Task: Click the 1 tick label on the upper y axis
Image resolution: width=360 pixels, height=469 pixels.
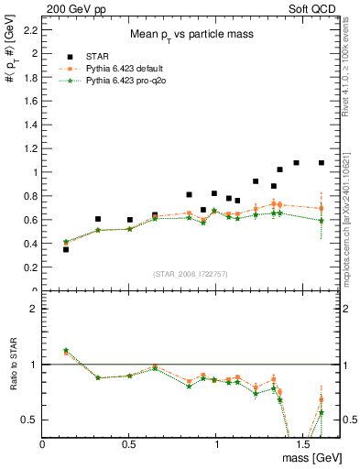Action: point(34,172)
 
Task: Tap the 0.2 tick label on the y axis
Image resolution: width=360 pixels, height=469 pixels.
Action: point(31,267)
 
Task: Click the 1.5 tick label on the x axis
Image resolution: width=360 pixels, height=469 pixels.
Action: point(302,443)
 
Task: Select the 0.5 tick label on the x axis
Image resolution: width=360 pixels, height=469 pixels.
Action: point(129,443)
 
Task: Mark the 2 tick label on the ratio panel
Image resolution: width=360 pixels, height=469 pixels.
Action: point(34,309)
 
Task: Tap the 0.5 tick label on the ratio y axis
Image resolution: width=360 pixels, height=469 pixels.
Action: point(30,420)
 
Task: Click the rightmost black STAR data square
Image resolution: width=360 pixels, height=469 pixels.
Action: point(322,163)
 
